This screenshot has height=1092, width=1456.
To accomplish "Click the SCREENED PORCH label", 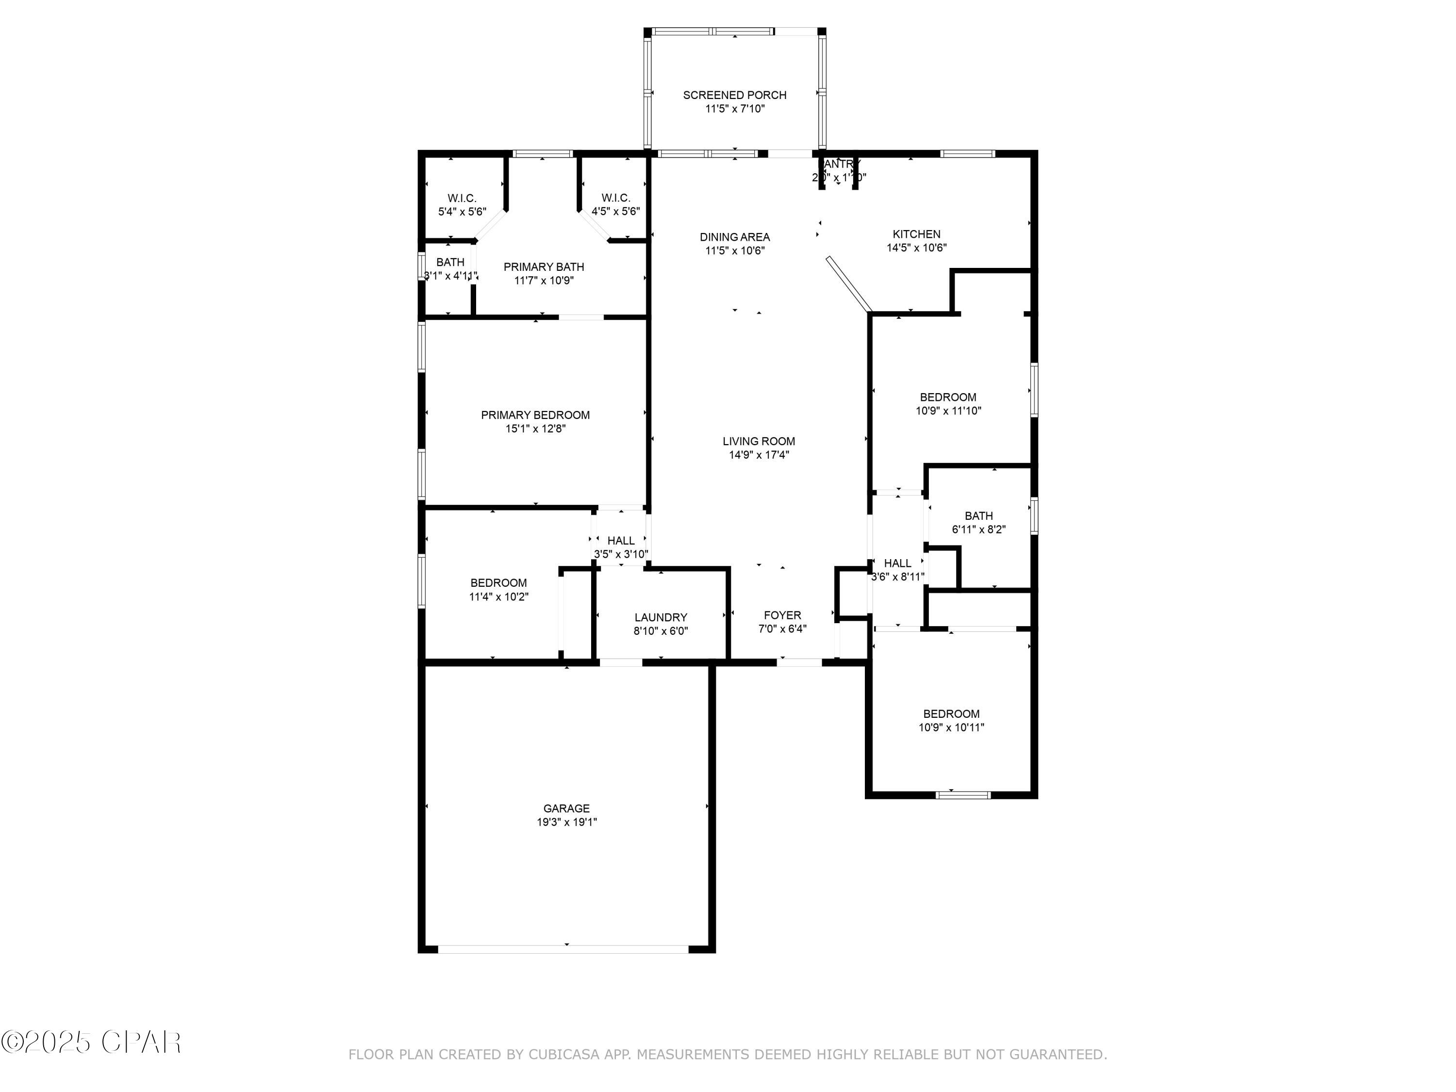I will coord(735,95).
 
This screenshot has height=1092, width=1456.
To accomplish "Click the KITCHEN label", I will coord(916,234).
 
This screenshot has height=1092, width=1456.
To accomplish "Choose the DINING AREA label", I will coord(735,237).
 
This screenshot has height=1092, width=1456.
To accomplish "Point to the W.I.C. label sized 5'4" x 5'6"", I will coord(462,198).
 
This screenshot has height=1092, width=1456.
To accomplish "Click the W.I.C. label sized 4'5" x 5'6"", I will coord(615,198).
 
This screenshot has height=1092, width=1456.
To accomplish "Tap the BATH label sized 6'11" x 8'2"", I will coord(979,516).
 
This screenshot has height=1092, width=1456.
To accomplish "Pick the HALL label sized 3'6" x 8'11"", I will coord(897,563).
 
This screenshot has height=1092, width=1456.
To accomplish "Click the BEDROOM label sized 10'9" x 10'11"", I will coord(951,714).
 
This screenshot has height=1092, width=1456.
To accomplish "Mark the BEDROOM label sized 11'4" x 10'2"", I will coord(498,583).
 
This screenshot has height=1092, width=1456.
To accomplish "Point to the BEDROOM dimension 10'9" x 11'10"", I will coord(948,411).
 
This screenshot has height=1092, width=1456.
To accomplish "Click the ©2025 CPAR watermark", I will coord(91,1042).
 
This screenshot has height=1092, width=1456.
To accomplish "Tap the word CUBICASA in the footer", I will coord(563,1055).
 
